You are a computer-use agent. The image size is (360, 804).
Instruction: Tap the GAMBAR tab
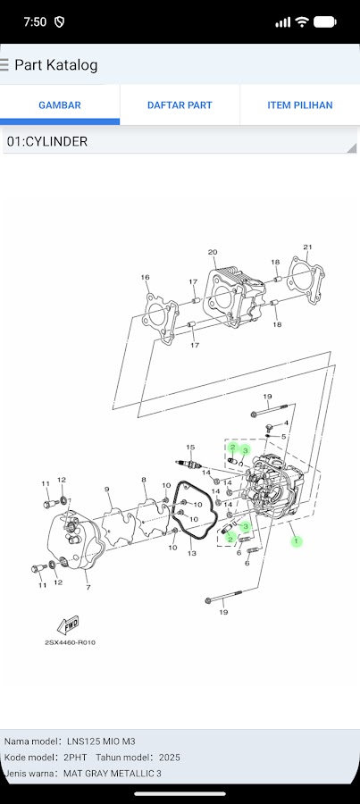coord(60,105)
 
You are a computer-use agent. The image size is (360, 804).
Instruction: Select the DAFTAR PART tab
coord(180,105)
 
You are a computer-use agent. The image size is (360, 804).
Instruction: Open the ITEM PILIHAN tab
coord(300,105)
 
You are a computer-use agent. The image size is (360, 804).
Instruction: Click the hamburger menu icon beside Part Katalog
coord(4,65)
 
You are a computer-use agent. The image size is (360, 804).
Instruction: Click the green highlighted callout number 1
coord(296,541)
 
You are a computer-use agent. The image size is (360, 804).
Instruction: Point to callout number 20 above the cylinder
coord(213,252)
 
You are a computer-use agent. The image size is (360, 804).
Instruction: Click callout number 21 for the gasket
coord(307,247)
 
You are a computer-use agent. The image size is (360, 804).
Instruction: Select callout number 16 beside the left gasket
coord(145,278)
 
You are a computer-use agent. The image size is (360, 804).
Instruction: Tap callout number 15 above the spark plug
coord(190,448)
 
